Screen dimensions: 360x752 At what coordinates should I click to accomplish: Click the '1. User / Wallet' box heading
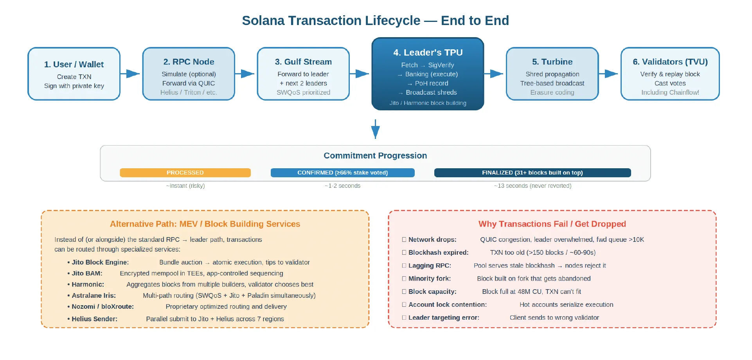click(x=74, y=64)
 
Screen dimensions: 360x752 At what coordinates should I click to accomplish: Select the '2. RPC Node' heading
click(x=189, y=62)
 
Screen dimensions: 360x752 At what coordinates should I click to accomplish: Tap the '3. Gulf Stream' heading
click(x=303, y=62)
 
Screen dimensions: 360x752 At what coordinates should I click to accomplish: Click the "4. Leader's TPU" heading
click(x=428, y=52)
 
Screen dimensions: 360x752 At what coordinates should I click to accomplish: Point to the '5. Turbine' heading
click(x=552, y=62)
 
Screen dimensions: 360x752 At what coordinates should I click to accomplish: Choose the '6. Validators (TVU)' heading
click(x=670, y=62)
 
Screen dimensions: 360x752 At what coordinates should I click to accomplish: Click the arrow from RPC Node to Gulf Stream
click(x=245, y=74)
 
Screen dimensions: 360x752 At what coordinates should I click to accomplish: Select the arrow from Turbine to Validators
click(x=609, y=74)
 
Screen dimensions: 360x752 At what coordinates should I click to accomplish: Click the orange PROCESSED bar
click(x=185, y=173)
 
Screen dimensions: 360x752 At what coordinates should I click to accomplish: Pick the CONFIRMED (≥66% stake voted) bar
click(x=342, y=173)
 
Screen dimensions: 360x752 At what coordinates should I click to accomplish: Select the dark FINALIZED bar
click(x=532, y=173)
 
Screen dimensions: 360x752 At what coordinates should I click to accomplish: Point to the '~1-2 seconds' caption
click(x=342, y=186)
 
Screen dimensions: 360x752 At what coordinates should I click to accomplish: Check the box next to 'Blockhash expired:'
click(x=404, y=252)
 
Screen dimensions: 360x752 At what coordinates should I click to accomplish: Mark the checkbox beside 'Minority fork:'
click(x=404, y=279)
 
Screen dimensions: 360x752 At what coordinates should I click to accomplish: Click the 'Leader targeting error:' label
click(x=444, y=317)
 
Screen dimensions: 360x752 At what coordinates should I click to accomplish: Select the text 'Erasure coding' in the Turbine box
click(x=552, y=92)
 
